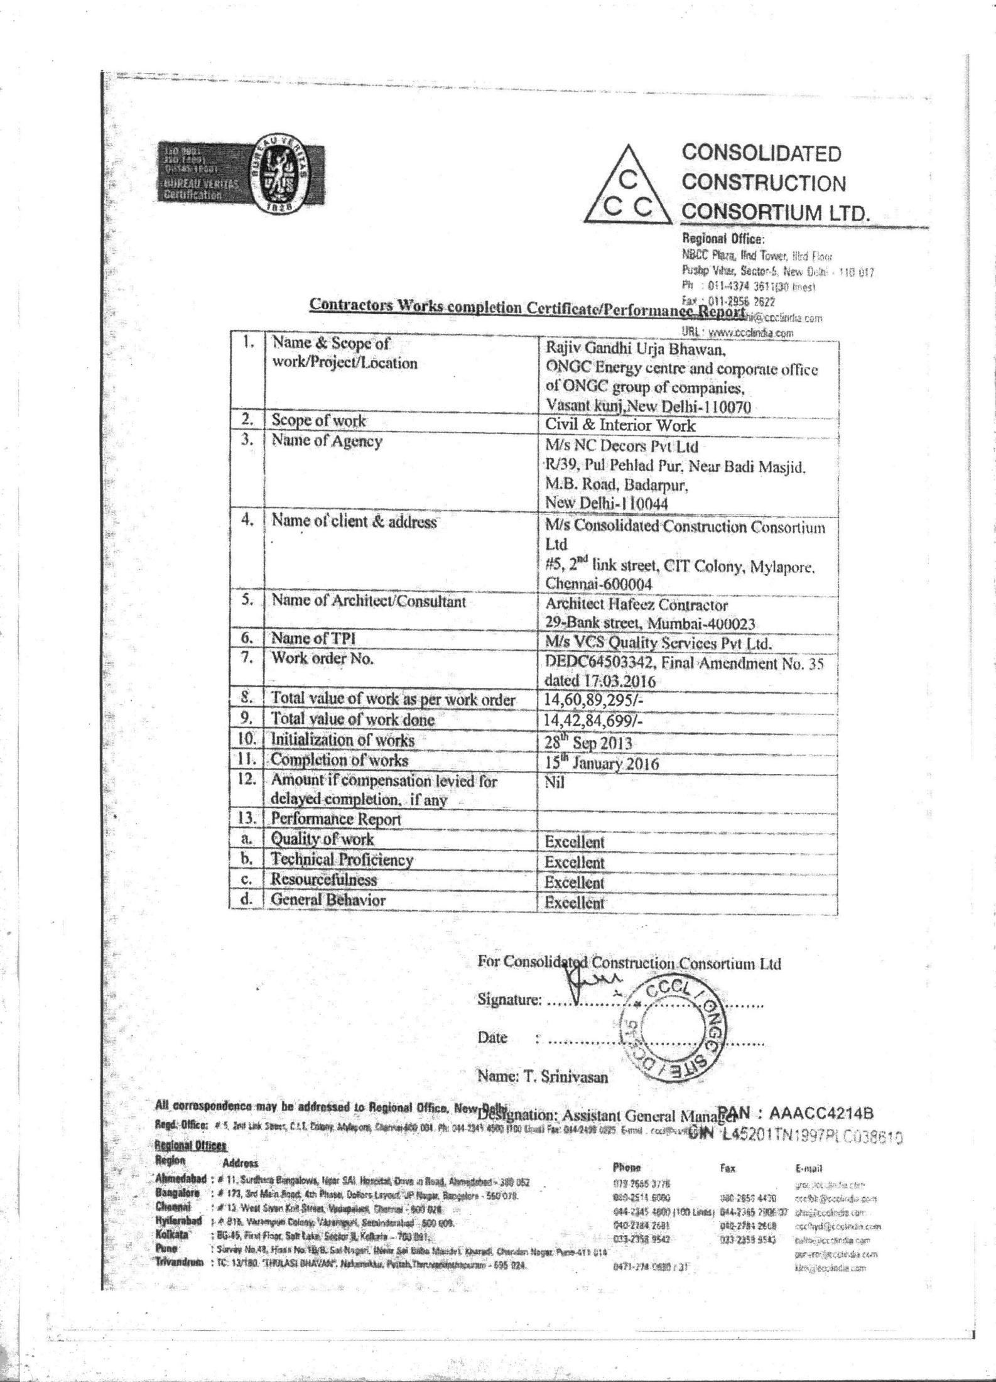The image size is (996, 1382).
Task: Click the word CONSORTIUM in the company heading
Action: [750, 212]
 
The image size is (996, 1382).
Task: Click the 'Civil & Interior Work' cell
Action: [620, 425]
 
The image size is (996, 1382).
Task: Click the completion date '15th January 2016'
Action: [602, 763]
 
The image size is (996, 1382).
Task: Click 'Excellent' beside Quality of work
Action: [574, 842]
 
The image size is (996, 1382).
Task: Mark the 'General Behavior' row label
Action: [328, 900]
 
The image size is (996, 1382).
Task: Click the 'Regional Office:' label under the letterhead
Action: [723, 239]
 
